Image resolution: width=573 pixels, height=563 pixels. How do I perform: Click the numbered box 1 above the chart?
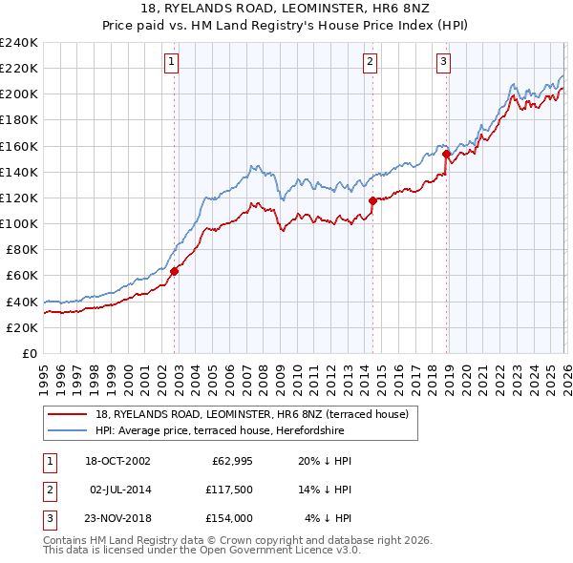(171, 63)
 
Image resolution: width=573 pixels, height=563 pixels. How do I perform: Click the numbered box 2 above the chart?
(370, 63)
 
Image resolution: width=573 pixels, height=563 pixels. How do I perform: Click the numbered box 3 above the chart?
(444, 63)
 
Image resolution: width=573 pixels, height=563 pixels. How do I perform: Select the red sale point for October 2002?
(175, 271)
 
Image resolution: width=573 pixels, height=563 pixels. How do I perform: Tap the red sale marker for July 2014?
(372, 200)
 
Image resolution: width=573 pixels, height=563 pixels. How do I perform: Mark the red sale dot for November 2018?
(446, 154)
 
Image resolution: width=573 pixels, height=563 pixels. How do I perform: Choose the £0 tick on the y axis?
(29, 353)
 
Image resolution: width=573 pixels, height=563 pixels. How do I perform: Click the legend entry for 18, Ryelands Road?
(252, 414)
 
